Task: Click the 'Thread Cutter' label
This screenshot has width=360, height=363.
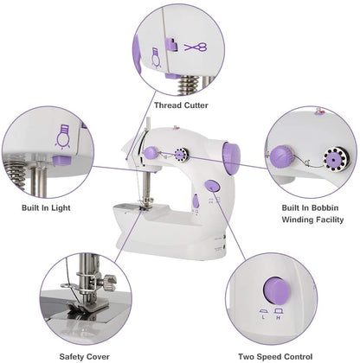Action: (x=180, y=105)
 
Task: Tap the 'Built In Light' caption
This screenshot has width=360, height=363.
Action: (x=46, y=207)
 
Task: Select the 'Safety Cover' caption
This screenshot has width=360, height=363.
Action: (x=84, y=354)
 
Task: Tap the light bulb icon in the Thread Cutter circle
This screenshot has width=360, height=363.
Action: (x=157, y=58)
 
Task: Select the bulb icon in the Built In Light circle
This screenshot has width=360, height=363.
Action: (x=62, y=134)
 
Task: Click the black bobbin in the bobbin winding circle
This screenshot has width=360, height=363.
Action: (x=333, y=159)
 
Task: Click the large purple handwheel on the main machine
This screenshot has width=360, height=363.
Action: (x=231, y=156)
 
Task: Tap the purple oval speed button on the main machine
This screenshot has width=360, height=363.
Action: (x=213, y=188)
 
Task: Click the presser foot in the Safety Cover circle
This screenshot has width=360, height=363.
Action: (x=87, y=298)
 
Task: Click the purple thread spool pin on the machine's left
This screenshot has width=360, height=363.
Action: (x=151, y=152)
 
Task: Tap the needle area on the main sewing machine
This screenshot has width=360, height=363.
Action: (x=147, y=204)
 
